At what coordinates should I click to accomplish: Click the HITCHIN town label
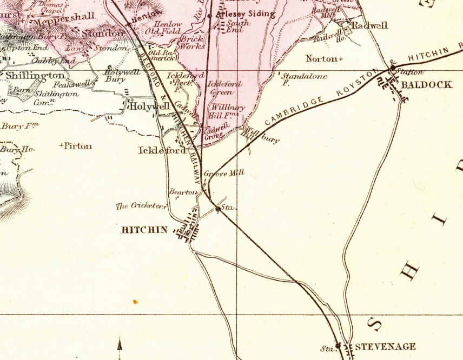tap(144, 230)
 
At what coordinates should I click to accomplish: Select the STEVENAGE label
tap(385, 346)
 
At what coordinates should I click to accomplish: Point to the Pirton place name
tap(77, 146)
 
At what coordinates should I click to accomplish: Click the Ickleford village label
tap(162, 150)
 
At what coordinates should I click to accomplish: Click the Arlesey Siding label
tap(246, 15)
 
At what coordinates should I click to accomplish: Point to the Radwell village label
tap(369, 25)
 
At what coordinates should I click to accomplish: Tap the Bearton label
tap(181, 192)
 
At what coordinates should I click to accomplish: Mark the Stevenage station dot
tap(338, 345)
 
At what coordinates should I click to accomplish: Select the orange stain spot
tap(135, 301)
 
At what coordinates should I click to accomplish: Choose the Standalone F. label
tap(303, 79)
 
